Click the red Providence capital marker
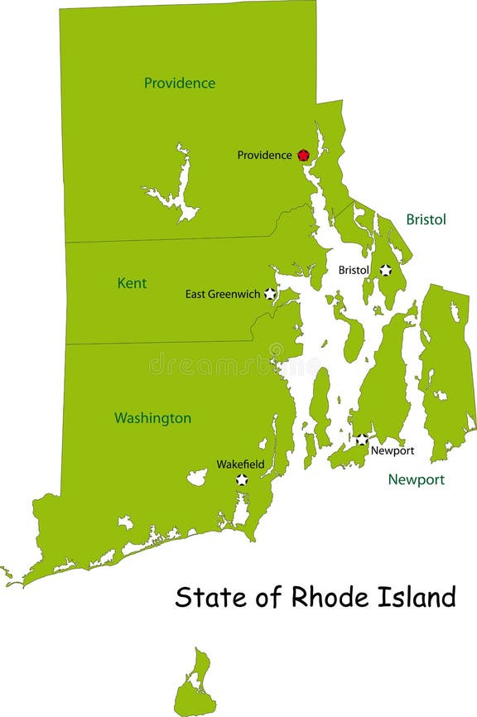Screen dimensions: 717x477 [x=303, y=155]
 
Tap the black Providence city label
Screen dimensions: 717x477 [x=264, y=155]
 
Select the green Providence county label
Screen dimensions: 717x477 [x=180, y=83]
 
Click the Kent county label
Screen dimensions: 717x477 [x=132, y=283]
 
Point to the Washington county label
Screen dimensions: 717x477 [x=152, y=418]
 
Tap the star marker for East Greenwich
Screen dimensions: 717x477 [x=270, y=294]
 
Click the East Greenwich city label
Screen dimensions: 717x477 [x=223, y=294]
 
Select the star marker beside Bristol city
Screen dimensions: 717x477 [x=385, y=270]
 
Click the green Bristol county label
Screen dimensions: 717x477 [x=426, y=219]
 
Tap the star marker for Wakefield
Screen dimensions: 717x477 [x=242, y=479]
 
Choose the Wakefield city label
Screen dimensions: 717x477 [x=240, y=464]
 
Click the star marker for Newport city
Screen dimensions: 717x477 [x=362, y=439]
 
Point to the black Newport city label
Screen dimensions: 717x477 [x=392, y=451]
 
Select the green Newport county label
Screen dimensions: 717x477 [x=417, y=479]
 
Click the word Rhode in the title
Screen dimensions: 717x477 [x=323, y=596]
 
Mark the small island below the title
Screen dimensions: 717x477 [x=195, y=683]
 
